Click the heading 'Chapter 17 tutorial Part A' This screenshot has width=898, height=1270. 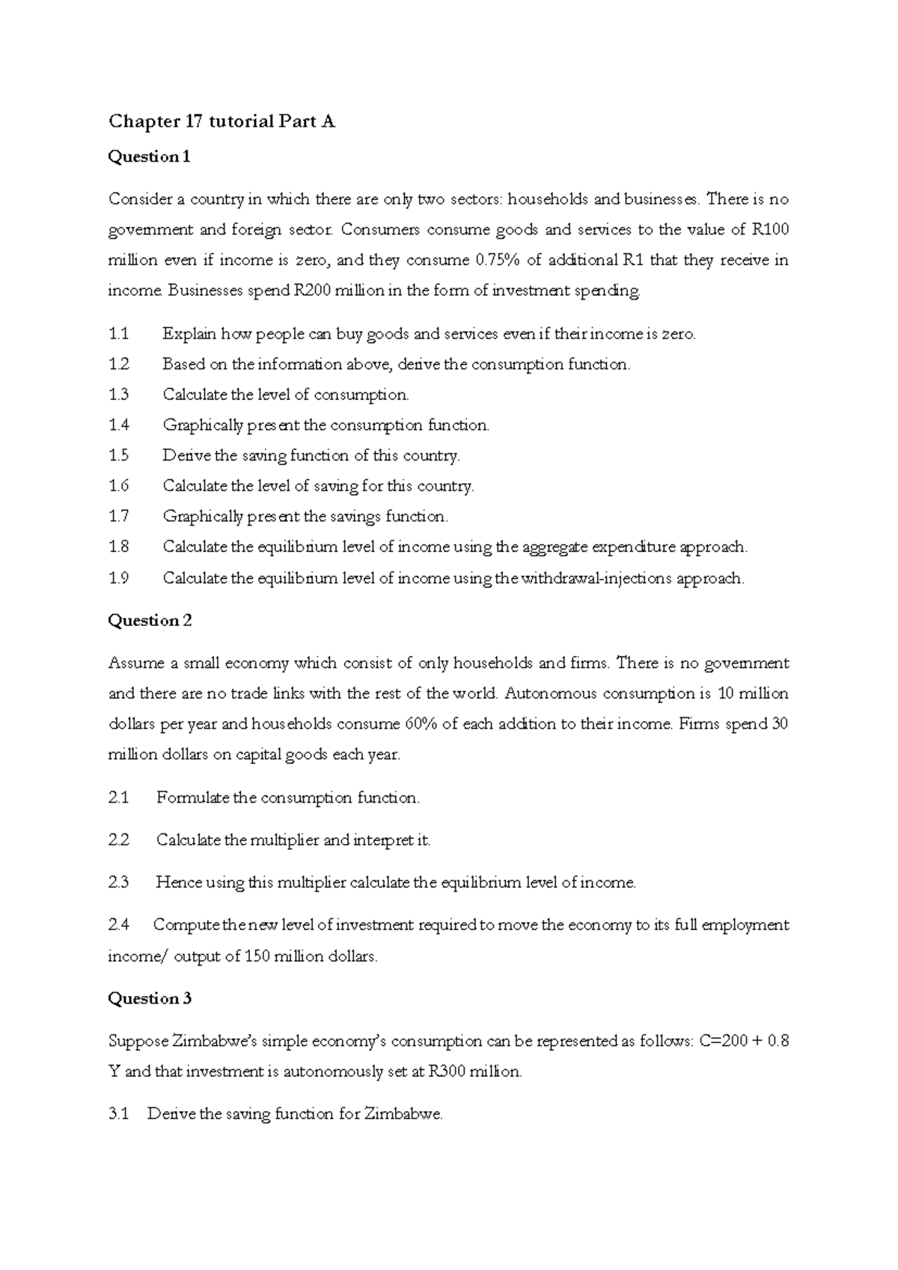(x=222, y=121)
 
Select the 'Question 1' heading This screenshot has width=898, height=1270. (x=150, y=157)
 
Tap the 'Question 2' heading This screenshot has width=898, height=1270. (x=150, y=620)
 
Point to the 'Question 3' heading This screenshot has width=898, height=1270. (x=150, y=998)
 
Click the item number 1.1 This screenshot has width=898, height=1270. (x=118, y=334)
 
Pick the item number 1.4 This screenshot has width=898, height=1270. (x=119, y=425)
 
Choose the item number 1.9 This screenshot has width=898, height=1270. (x=119, y=578)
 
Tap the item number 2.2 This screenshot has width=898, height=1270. (x=118, y=840)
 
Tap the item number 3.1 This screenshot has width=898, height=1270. (x=118, y=1114)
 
